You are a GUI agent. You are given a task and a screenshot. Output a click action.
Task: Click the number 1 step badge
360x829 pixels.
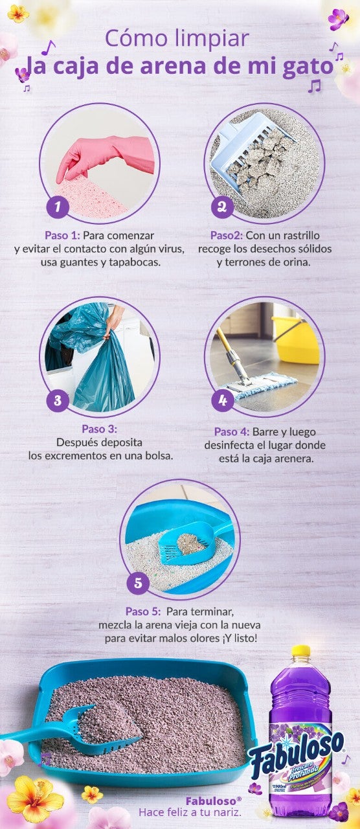pyautogui.click(x=58, y=207)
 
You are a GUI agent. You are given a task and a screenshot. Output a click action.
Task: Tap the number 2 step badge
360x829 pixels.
pyautogui.click(x=222, y=207)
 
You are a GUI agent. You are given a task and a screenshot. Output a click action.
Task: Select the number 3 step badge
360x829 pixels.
pyautogui.click(x=58, y=400)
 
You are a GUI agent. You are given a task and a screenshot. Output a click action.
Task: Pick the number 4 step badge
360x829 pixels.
pyautogui.click(x=222, y=400)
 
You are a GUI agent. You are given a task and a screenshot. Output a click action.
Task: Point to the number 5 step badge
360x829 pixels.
pyautogui.click(x=138, y=583)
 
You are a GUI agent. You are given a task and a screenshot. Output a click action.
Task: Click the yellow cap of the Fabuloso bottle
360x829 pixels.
pyautogui.click(x=300, y=651)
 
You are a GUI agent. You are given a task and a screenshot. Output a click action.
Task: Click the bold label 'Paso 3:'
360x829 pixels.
pyautogui.click(x=99, y=429)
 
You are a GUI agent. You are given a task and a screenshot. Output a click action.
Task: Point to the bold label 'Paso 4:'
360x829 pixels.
pyautogui.click(x=235, y=431)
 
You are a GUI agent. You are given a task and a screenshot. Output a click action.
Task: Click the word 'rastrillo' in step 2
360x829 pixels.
pyautogui.click(x=297, y=235)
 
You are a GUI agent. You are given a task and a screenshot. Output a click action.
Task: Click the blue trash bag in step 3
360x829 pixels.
pyautogui.click(x=97, y=369)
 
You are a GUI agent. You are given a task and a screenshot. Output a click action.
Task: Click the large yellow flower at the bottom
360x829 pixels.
pyautogui.click(x=36, y=798)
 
